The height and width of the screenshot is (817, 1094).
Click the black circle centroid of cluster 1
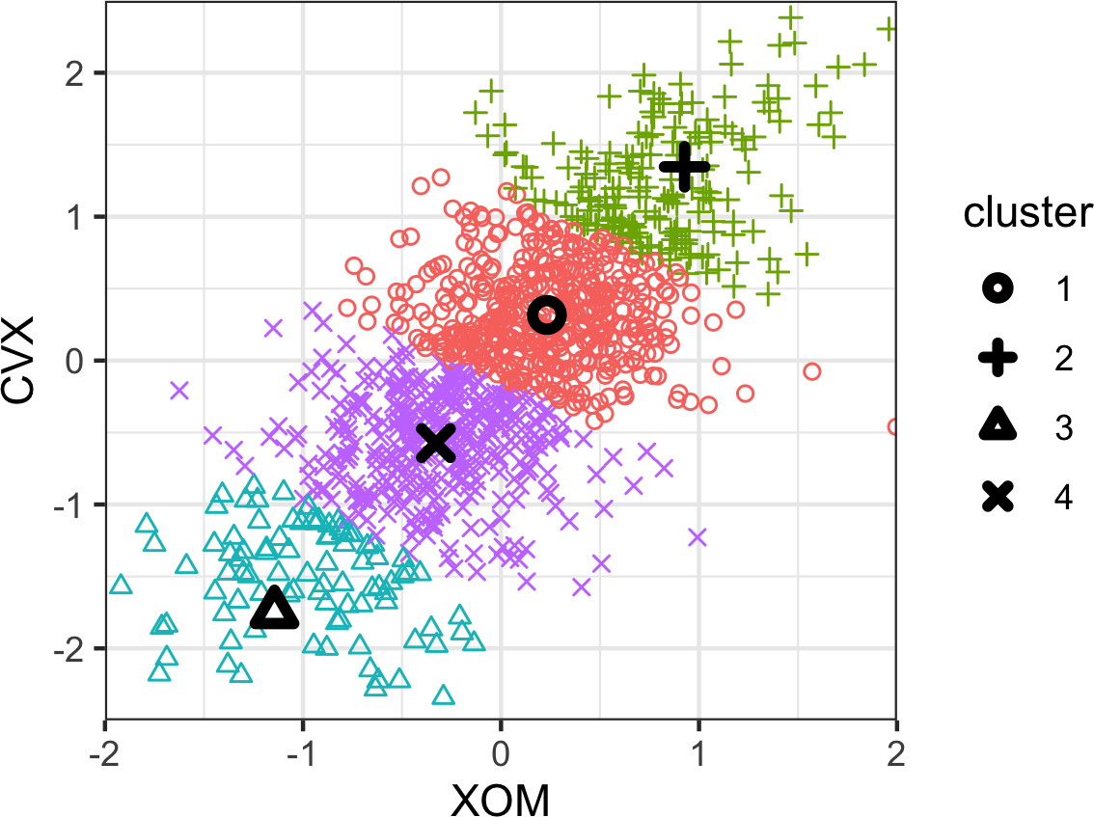tap(546, 313)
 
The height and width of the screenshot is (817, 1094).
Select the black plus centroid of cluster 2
tap(684, 167)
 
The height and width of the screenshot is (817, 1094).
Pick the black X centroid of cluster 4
tap(436, 442)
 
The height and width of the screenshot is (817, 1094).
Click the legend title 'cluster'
tap(1027, 214)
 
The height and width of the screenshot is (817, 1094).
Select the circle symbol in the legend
tap(998, 288)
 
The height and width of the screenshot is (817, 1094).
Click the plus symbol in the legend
tap(998, 359)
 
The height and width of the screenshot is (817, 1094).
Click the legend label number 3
tap(1064, 428)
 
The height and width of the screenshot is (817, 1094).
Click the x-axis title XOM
tap(502, 797)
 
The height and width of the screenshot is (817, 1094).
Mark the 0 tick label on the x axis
tap(502, 749)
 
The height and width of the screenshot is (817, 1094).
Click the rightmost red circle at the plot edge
tap(894, 426)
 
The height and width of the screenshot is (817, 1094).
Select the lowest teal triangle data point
tap(444, 695)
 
